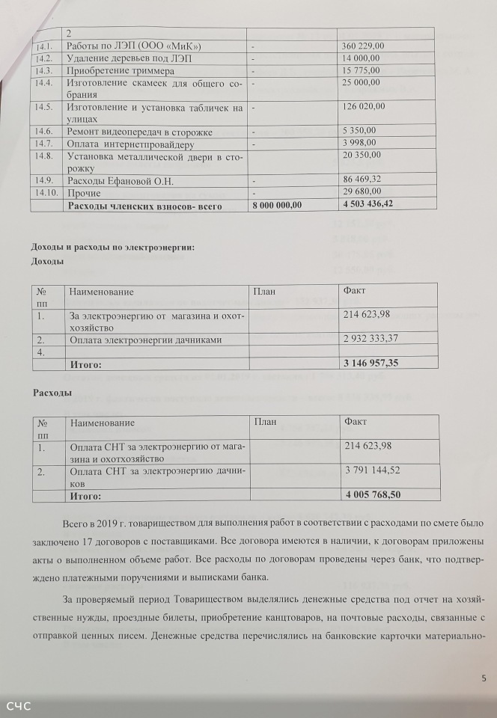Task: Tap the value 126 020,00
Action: (363, 106)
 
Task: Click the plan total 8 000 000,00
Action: (277, 204)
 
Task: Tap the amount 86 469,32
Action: (362, 180)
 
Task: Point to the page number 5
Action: (484, 678)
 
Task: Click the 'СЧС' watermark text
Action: (19, 706)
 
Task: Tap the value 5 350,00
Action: (359, 130)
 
